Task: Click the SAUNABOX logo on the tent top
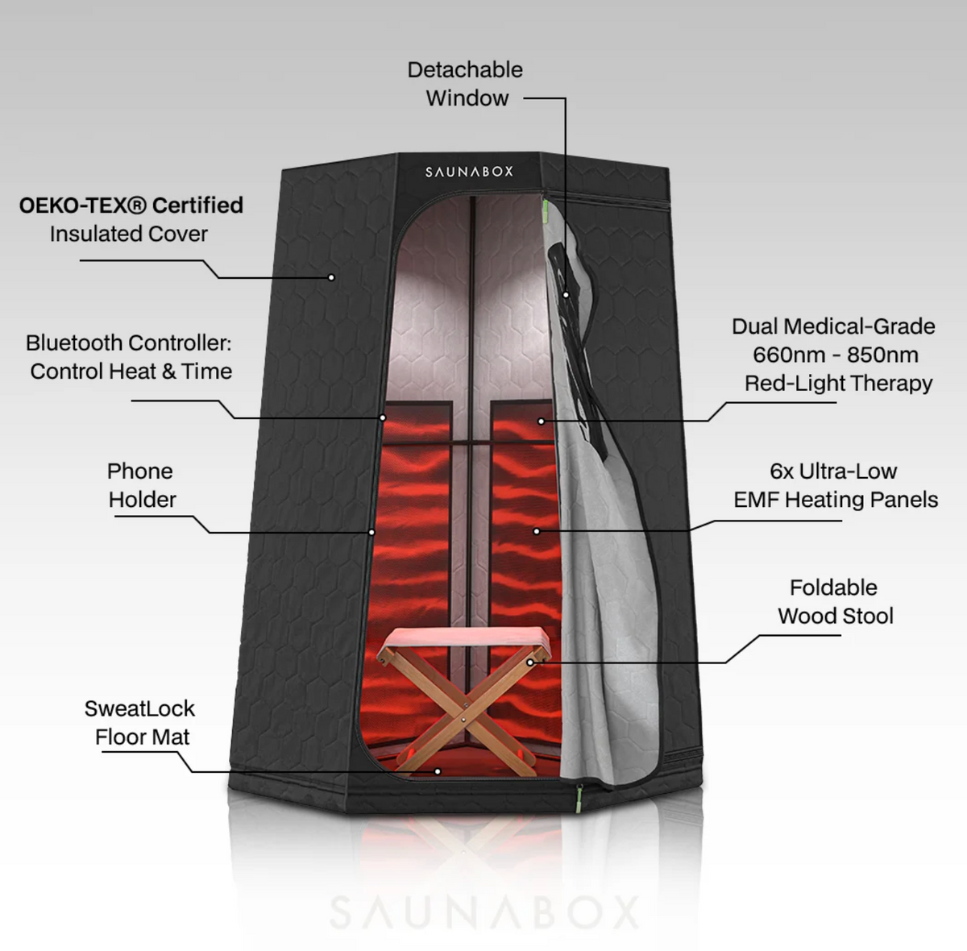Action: (x=469, y=172)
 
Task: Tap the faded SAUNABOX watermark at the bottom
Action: (x=485, y=912)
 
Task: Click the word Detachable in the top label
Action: (x=465, y=70)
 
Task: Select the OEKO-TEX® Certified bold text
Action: (x=131, y=206)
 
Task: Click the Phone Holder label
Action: (x=140, y=485)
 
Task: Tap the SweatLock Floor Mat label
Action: (x=140, y=723)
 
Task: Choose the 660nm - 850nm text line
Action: (x=835, y=355)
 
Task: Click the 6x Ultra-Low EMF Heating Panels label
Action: (x=836, y=485)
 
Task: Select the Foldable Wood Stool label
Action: (x=836, y=601)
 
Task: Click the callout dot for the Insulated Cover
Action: (x=331, y=277)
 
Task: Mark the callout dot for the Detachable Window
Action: (x=566, y=295)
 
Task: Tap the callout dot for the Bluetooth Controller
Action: (x=383, y=417)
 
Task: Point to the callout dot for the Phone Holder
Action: (x=371, y=532)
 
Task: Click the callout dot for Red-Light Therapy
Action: (x=541, y=421)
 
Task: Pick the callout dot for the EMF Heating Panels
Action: (x=537, y=531)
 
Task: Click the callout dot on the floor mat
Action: (x=438, y=771)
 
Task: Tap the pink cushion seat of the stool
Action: (x=463, y=640)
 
